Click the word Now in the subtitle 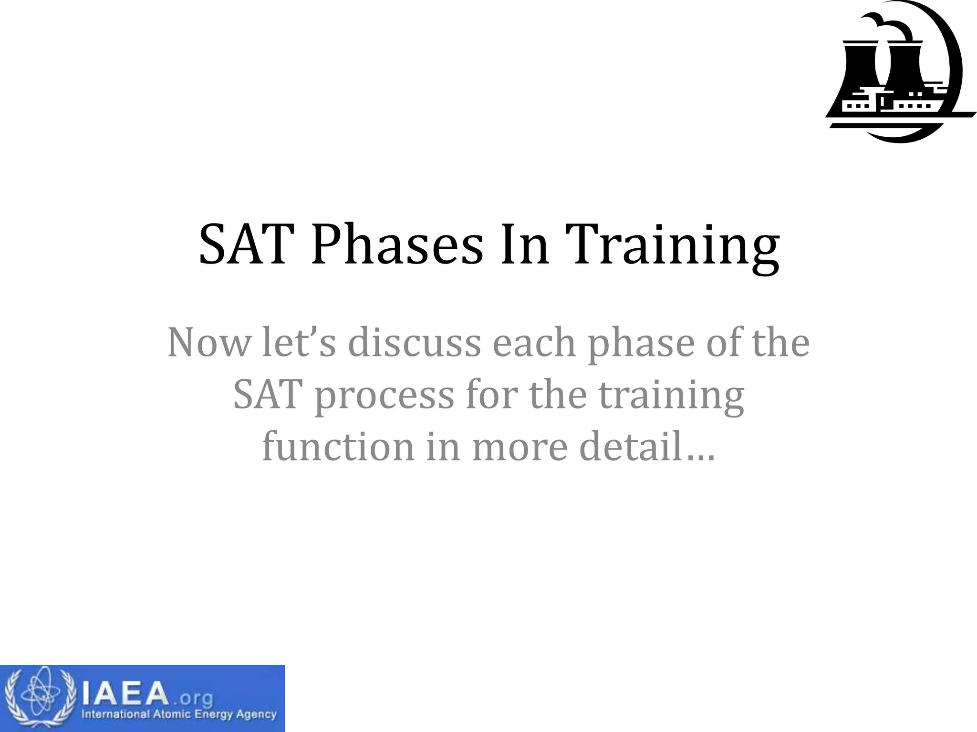click(209, 343)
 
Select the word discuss click(414, 343)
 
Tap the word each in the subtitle click(534, 343)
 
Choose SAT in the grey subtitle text click(268, 395)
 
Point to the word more click(520, 448)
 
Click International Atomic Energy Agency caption click(179, 714)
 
